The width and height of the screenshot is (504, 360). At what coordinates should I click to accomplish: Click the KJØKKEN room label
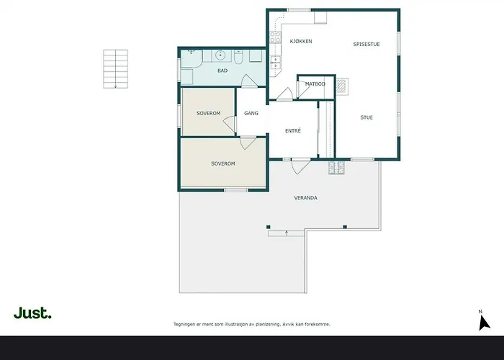click(x=301, y=42)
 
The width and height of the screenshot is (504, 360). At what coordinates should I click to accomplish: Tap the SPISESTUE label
click(x=366, y=45)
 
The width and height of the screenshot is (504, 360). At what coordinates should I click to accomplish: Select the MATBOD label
click(x=315, y=84)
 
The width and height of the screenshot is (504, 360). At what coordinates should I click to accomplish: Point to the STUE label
click(x=366, y=117)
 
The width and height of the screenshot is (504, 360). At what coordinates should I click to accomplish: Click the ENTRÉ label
click(x=293, y=131)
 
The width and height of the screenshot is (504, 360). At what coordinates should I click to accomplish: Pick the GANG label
click(x=251, y=113)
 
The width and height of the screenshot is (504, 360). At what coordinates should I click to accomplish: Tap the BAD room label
click(x=222, y=71)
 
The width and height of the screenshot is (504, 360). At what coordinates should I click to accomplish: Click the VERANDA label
click(x=306, y=198)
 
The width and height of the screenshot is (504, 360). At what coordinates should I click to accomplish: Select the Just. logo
click(x=32, y=312)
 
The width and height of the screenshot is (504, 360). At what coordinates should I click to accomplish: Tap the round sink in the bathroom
click(x=220, y=55)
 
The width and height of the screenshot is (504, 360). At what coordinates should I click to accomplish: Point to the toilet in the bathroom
click(x=238, y=57)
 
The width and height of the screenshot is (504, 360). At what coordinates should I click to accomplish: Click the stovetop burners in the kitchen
click(x=275, y=37)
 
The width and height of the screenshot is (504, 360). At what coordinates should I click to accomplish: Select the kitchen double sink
click(x=275, y=63)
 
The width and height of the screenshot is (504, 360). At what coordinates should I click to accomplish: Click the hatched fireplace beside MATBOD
click(x=341, y=86)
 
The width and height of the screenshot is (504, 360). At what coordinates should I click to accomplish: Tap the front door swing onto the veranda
click(x=300, y=166)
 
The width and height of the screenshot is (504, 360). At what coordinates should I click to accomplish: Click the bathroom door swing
click(x=249, y=81)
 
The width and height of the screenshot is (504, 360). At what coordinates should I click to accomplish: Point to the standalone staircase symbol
click(x=115, y=69)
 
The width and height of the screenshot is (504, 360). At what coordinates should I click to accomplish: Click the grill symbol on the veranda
click(x=336, y=168)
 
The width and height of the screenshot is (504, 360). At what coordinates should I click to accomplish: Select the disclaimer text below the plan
click(x=252, y=324)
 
